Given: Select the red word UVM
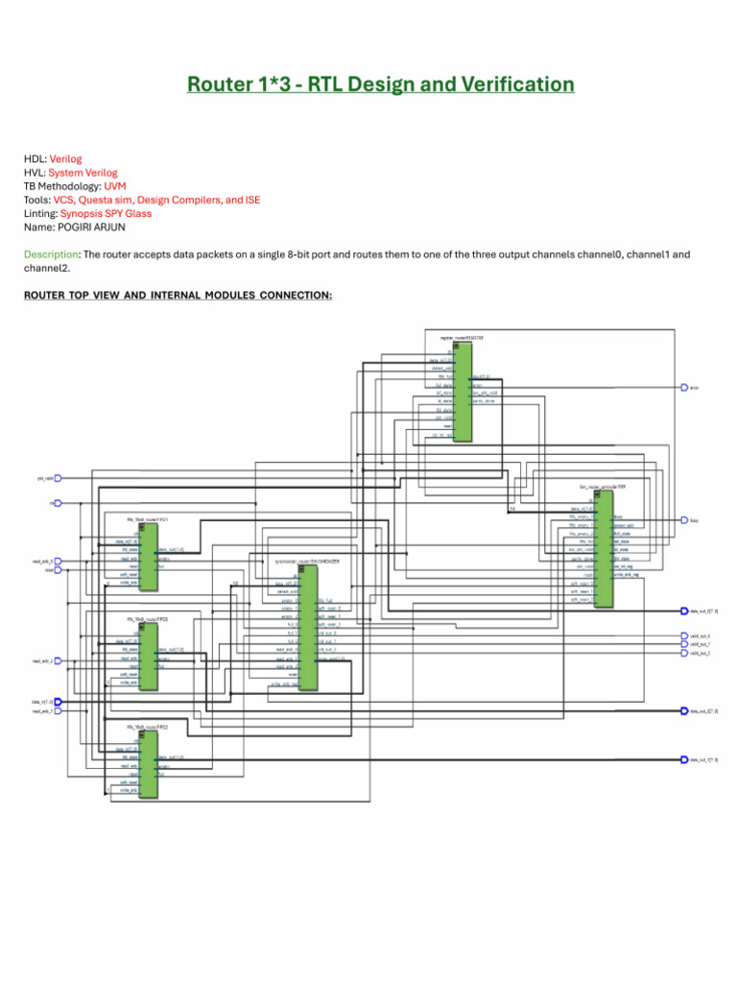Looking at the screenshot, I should click(x=115, y=186).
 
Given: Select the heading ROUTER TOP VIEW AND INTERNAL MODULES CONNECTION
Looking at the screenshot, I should click(x=178, y=295).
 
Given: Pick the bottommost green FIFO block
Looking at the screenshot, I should click(x=149, y=764).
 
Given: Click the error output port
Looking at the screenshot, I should click(x=684, y=388).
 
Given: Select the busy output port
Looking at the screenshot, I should click(x=684, y=520).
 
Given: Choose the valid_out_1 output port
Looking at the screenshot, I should click(x=684, y=644).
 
